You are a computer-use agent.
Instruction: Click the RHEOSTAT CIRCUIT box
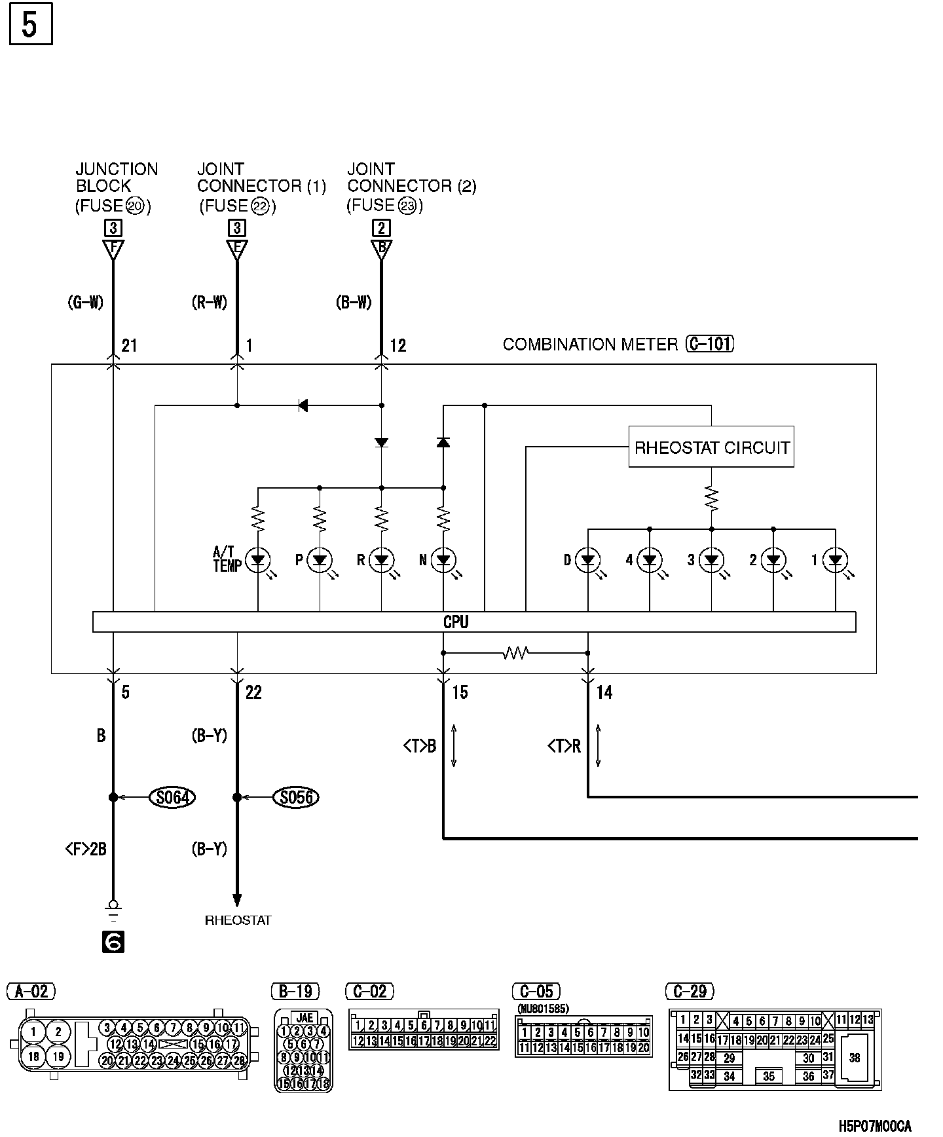[x=711, y=447]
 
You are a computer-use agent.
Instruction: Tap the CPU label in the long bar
[x=456, y=622]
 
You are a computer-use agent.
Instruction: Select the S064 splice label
[x=173, y=797]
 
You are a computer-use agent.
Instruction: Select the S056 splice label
[x=297, y=797]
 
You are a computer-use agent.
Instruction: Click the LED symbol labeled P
[x=320, y=560]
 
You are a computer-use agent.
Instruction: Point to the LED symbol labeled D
[x=588, y=560]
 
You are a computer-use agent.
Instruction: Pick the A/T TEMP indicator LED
[x=258, y=560]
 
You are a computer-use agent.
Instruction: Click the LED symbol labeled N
[x=443, y=560]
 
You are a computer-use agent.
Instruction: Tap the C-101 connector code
[x=710, y=344]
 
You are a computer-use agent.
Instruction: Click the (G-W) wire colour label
[x=86, y=303]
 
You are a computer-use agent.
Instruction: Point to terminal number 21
[x=129, y=345]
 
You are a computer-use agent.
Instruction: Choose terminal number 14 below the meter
[x=604, y=692]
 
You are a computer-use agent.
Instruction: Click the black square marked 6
[x=113, y=942]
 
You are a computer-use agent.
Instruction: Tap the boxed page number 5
[x=30, y=26]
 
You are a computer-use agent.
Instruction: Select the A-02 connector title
[x=31, y=992]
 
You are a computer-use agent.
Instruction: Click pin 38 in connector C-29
[x=855, y=1058]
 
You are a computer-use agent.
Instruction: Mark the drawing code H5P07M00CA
[x=875, y=1126]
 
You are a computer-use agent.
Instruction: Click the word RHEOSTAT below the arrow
[x=238, y=920]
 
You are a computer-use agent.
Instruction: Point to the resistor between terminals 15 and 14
[x=515, y=653]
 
